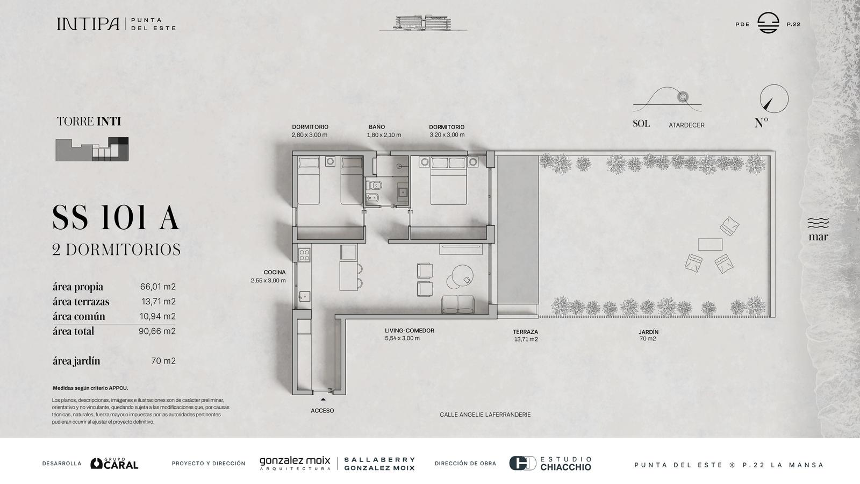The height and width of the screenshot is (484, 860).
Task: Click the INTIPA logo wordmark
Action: pyautogui.click(x=88, y=24)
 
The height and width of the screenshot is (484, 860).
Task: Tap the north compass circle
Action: pyautogui.click(x=774, y=85)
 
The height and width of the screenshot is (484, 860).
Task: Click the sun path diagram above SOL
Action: pyautogui.click(x=667, y=99)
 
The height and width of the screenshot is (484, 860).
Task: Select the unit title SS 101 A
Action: pyautogui.click(x=116, y=217)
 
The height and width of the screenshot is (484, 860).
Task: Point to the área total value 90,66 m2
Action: pyautogui.click(x=157, y=331)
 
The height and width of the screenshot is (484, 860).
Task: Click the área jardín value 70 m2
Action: pyautogui.click(x=163, y=361)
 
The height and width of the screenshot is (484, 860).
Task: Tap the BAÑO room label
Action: pyautogui.click(x=377, y=127)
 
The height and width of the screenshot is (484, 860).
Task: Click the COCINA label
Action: pyautogui.click(x=275, y=272)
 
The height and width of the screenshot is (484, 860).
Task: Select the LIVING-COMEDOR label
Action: pyautogui.click(x=409, y=330)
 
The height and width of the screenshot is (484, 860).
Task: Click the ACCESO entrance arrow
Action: pyautogui.click(x=323, y=400)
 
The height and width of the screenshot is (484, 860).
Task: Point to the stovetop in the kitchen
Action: pyautogui.click(x=304, y=255)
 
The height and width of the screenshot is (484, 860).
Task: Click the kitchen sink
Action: pyautogui.click(x=304, y=296)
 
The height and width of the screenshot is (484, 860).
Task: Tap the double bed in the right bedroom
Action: pyautogui.click(x=448, y=181)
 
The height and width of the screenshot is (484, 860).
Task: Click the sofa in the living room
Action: pyautogui.click(x=457, y=304)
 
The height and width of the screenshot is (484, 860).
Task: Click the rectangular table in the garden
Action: pyautogui.click(x=710, y=244)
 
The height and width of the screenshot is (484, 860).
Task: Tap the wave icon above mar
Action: pyautogui.click(x=818, y=223)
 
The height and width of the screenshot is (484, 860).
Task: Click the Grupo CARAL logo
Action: pyautogui.click(x=114, y=463)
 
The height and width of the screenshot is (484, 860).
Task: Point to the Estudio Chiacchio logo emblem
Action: pyautogui.click(x=522, y=463)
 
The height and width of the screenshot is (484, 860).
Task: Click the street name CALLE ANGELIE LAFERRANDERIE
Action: pyautogui.click(x=485, y=415)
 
